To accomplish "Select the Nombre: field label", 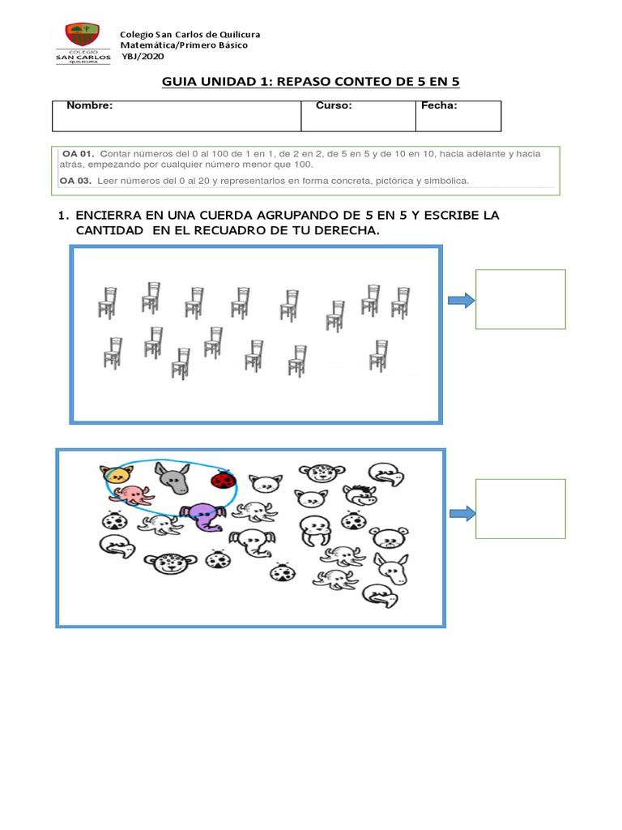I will (x=89, y=105).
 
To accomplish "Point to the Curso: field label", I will (x=333, y=105).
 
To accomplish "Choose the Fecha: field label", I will (x=439, y=105).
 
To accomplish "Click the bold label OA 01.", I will (x=79, y=153).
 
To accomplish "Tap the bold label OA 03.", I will (x=77, y=180).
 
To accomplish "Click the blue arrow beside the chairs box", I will (x=460, y=301).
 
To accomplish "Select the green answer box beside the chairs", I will (x=520, y=299).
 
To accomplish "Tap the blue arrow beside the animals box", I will (x=461, y=513).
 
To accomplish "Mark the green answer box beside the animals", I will (x=520, y=508).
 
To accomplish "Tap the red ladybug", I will (x=222, y=481).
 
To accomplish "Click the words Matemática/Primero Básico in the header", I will (x=184, y=45).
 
